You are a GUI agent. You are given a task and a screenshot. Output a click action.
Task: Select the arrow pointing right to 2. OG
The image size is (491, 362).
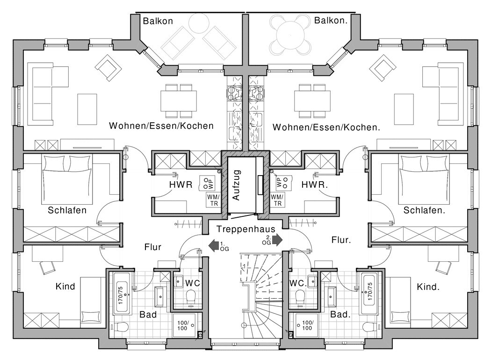point(277,240)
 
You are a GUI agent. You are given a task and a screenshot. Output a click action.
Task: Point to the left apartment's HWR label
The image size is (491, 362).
point(181,185)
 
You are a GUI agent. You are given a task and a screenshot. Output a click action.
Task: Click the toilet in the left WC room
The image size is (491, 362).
point(190,296)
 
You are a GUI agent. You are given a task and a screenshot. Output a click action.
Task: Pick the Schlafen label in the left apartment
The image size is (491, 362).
point(67,210)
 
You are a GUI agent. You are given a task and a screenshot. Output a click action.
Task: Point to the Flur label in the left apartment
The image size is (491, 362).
point(153,246)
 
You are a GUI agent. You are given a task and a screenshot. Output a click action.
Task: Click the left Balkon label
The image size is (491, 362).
point(158,21)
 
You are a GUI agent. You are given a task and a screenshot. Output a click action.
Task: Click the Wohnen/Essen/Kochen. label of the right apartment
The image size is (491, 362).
point(326,126)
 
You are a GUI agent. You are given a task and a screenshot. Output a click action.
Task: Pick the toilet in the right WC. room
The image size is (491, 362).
point(299,296)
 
